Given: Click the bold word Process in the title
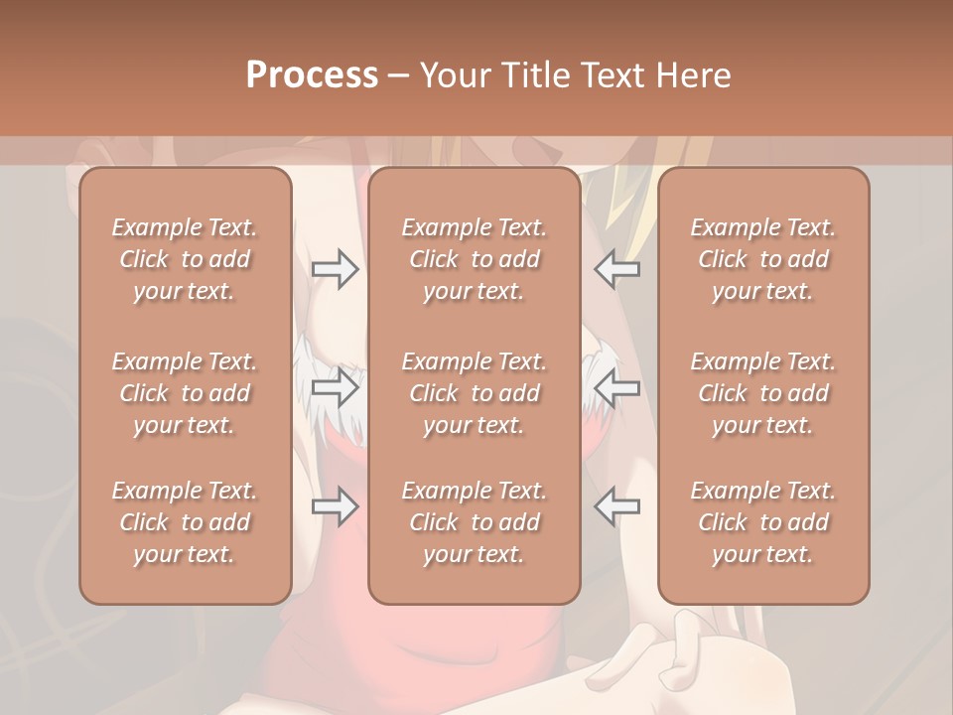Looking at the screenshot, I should point(312,75).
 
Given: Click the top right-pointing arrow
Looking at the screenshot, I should point(335,269).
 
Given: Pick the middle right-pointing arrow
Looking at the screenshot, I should point(335,387).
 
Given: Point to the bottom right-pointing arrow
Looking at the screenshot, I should point(335,506).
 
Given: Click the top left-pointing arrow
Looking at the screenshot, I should point(616,269).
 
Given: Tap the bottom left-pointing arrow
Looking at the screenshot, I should point(616,506).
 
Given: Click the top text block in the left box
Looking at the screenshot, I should point(185,259).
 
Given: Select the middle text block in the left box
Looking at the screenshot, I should point(185,393).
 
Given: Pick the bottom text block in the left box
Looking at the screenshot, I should point(185,522).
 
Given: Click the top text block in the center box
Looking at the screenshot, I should point(475,259).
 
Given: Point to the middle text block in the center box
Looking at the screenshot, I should point(475,393).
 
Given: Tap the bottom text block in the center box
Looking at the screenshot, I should point(475,522).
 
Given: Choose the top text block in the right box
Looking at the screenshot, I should point(763,259).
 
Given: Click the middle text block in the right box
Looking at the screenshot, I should point(763,393).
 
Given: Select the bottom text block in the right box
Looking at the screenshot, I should point(763,522).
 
